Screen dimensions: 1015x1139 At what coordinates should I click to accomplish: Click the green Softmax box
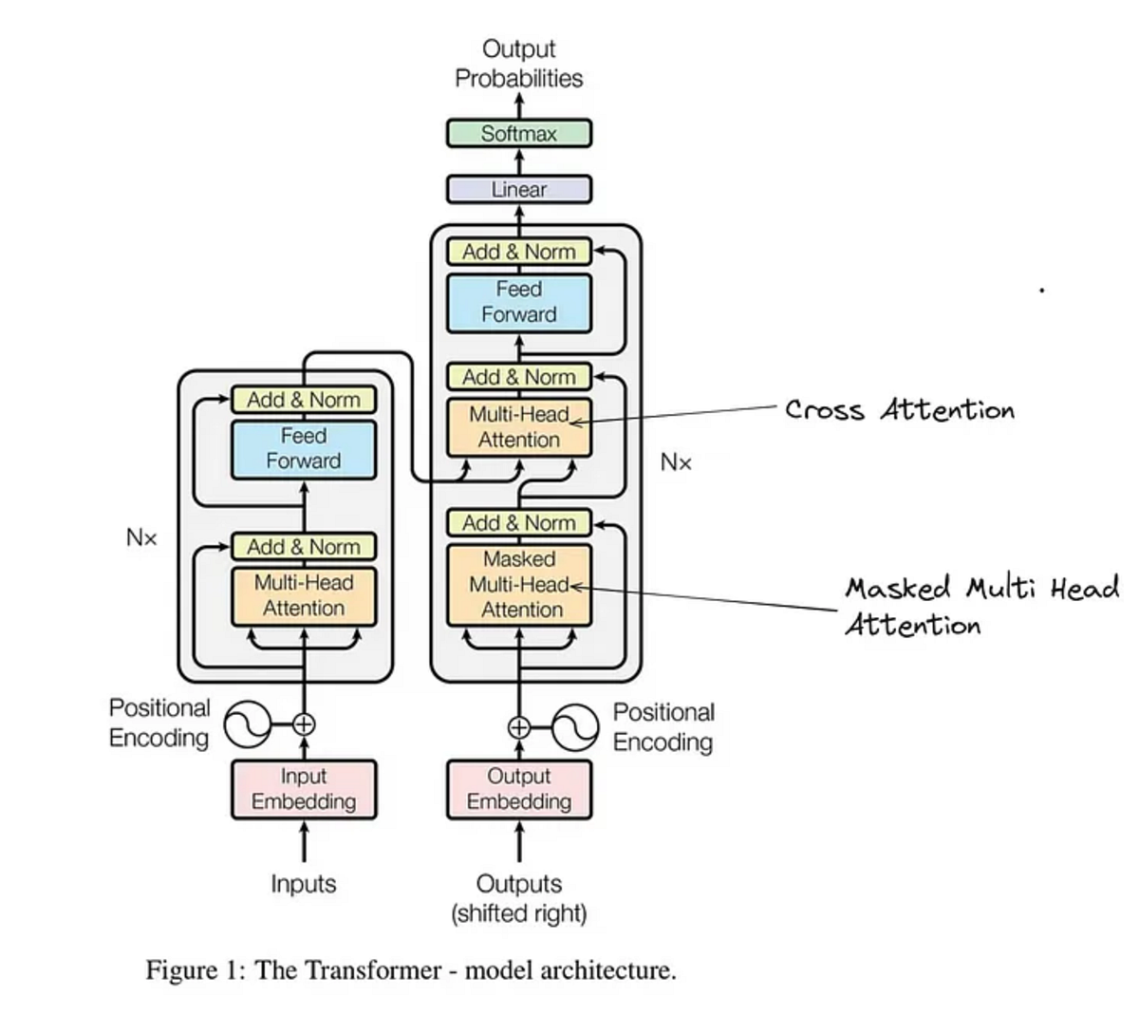518,133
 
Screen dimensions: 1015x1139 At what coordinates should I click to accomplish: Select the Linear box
518,189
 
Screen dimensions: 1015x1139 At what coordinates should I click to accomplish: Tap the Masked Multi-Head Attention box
518,584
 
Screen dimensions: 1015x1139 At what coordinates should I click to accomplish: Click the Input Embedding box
304,789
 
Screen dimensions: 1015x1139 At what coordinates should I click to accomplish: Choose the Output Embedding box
518,789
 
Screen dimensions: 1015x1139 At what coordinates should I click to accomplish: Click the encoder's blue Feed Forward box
304,449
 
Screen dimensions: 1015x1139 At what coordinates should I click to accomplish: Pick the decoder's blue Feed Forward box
518,302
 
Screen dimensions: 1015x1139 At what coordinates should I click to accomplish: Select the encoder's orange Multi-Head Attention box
304,595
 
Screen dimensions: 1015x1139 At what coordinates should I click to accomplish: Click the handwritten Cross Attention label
899,410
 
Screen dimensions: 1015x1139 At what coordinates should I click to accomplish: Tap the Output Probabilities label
518,64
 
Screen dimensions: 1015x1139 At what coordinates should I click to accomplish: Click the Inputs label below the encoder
304,884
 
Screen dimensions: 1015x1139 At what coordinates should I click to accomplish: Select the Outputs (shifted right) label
518,898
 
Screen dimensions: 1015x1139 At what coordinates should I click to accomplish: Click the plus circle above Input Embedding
304,724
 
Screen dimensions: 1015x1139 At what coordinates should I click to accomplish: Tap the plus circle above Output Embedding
518,727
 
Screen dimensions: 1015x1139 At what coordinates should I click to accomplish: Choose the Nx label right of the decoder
676,462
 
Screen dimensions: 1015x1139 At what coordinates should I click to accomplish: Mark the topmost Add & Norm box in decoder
518,252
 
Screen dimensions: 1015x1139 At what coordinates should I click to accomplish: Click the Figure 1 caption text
410,970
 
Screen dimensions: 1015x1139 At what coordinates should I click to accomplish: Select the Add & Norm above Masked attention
518,522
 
